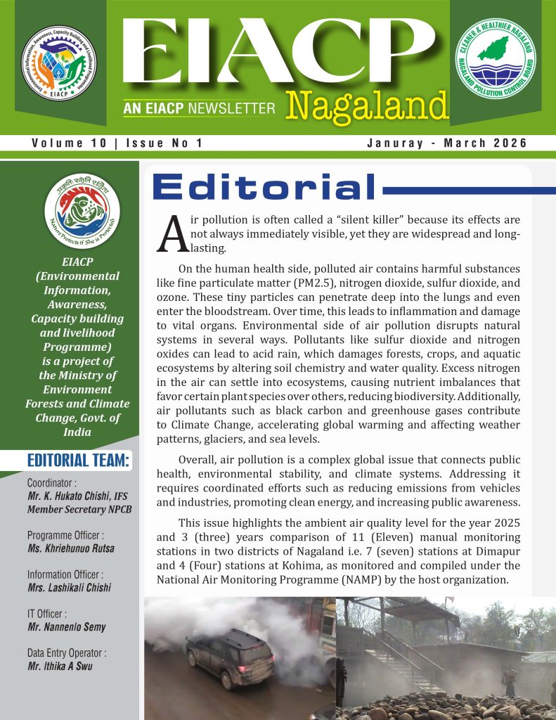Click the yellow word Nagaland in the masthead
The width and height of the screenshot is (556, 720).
(367, 106)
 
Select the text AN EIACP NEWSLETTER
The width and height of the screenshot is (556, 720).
(198, 109)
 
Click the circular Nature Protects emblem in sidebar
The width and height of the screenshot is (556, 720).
(82, 211)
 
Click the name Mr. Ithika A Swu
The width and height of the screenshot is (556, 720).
(61, 667)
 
